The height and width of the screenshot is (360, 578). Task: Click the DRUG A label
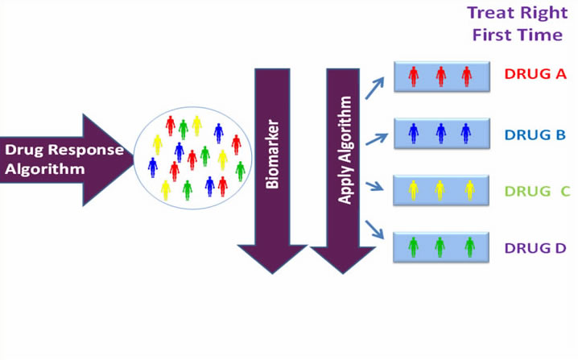tap(535, 74)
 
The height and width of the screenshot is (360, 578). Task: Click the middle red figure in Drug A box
tap(440, 76)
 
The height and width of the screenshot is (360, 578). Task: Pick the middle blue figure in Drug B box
tap(440, 133)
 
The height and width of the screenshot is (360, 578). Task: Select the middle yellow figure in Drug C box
tap(440, 190)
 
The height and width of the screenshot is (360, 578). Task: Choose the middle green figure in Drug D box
tap(440, 246)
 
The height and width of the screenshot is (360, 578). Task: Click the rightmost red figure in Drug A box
tap(466, 76)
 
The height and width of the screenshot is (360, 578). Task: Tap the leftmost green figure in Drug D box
tap(414, 246)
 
